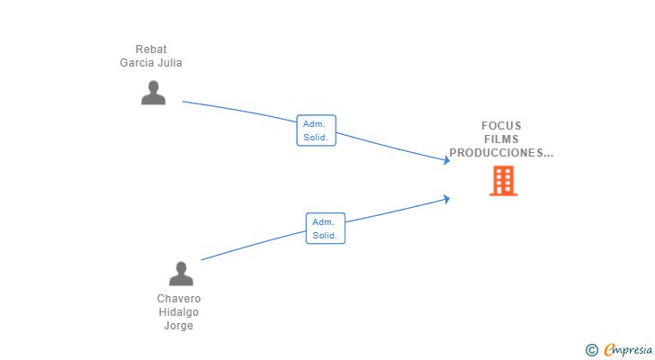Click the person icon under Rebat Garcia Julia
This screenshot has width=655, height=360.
(153, 93)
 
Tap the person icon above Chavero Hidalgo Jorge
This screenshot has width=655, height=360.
(181, 274)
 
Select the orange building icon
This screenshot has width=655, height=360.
(503, 181)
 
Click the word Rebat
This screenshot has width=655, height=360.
(151, 49)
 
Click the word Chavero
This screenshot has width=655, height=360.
(179, 299)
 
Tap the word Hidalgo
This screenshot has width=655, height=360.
(179, 312)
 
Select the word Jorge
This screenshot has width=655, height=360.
(179, 326)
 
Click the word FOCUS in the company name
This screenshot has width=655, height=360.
(501, 126)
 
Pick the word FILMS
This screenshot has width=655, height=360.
(501, 139)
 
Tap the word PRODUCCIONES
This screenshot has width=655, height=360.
(497, 153)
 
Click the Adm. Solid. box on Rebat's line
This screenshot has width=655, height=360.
(316, 130)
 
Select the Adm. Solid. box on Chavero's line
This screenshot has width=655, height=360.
(326, 229)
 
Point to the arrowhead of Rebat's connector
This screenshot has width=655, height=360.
(447, 160)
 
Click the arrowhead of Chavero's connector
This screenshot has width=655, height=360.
(447, 199)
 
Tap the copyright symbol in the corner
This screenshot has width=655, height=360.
(591, 350)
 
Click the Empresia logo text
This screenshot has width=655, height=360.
(628, 350)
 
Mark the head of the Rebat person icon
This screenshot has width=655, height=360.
(153, 86)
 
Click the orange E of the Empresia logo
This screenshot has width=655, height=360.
(609, 349)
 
